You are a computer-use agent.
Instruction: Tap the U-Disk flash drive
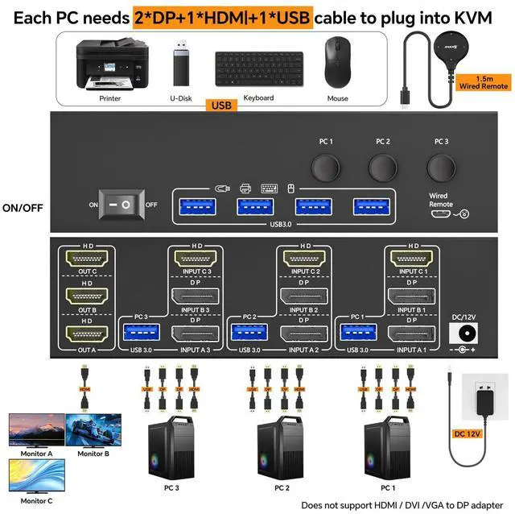[180, 66]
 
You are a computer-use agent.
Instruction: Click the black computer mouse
[337, 64]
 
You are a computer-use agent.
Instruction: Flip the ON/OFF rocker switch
[126, 205]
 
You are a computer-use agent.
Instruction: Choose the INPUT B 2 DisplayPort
[302, 297]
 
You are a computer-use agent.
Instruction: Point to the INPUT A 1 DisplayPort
[411, 333]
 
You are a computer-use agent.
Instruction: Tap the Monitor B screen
[93, 429]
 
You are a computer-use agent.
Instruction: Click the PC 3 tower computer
[172, 452]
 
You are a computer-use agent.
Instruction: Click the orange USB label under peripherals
[219, 105]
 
